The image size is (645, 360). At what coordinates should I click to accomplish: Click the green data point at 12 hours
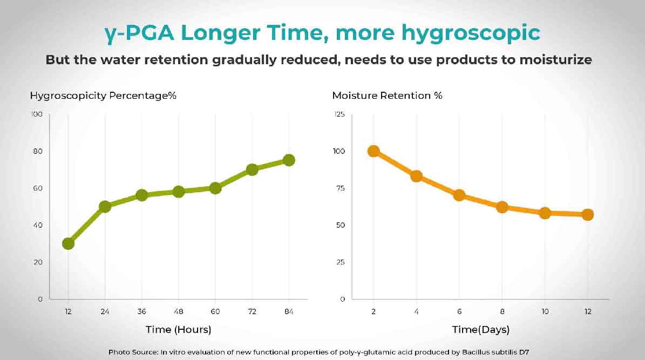click(x=68, y=243)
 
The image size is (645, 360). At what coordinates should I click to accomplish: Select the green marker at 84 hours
click(x=289, y=160)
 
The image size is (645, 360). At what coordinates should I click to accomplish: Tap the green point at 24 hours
click(x=105, y=206)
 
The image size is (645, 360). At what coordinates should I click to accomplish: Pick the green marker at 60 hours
click(x=215, y=188)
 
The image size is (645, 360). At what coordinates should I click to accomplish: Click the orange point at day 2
click(x=374, y=151)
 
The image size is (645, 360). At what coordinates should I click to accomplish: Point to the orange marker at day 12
click(x=588, y=214)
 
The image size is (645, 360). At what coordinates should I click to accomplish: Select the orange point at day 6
click(x=459, y=195)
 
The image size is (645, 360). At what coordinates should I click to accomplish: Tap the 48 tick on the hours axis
click(x=179, y=311)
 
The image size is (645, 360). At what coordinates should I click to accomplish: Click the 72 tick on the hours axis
click(x=252, y=311)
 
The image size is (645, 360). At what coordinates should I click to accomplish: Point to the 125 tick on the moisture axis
click(x=339, y=114)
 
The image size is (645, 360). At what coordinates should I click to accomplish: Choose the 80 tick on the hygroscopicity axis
click(x=37, y=151)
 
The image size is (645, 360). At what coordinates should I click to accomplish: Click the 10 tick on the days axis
click(x=545, y=311)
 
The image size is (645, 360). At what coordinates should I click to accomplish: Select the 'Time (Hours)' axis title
click(x=178, y=329)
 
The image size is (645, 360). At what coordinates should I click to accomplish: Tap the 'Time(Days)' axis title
click(x=481, y=329)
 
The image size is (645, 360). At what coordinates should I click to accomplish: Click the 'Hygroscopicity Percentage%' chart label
click(x=104, y=96)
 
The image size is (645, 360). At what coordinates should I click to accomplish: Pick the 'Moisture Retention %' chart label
click(x=388, y=96)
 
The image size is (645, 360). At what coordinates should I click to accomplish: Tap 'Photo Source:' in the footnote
click(x=133, y=352)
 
